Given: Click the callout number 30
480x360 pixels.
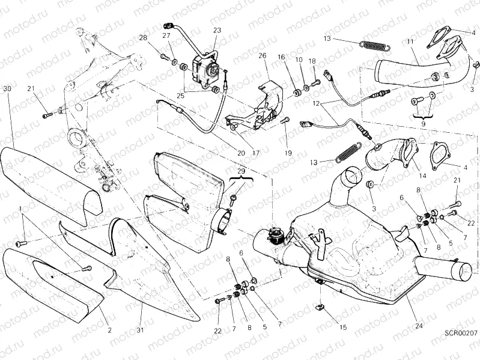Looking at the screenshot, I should (7, 89).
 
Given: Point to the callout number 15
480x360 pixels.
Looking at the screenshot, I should (342, 328).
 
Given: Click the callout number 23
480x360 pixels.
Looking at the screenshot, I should (216, 30).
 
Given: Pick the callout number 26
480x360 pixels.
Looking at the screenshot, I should (262, 56).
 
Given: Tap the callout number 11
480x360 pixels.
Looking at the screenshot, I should (410, 41).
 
